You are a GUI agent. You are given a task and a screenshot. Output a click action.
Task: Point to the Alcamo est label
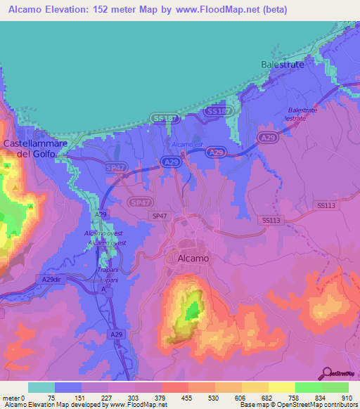tap(188, 145)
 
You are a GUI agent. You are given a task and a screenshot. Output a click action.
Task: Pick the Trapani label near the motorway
tap(107, 270)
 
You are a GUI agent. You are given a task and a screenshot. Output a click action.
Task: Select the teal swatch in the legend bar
tap(41, 387)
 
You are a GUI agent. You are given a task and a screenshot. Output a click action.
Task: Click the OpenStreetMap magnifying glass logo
tap(328, 373)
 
